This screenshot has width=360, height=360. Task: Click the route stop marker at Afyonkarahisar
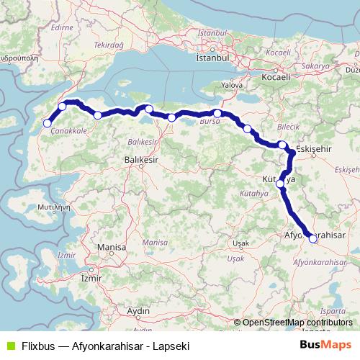(x=312, y=240)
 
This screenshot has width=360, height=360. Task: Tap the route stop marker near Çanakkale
(x=48, y=124)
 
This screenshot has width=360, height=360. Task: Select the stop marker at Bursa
(x=217, y=113)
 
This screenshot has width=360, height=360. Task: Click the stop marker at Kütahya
(x=280, y=184)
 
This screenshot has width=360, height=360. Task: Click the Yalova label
(x=231, y=85)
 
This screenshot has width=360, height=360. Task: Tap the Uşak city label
(x=240, y=243)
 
